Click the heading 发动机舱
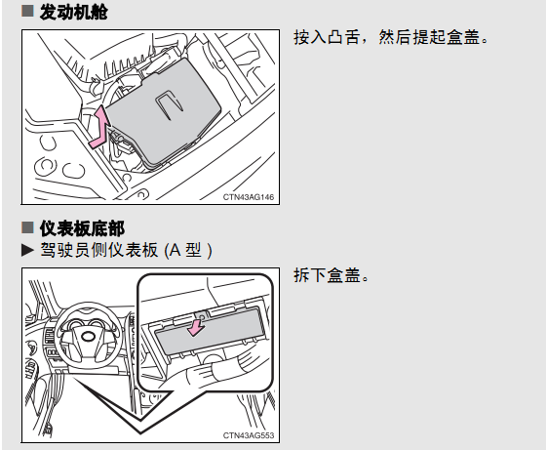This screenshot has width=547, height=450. [x=73, y=13]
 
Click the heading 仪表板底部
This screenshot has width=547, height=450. [x=82, y=228]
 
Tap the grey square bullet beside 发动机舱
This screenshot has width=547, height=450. [x=27, y=11]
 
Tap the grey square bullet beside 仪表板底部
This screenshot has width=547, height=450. [x=27, y=227]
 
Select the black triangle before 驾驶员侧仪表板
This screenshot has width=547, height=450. [x=27, y=250]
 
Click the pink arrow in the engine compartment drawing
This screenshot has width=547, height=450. [x=100, y=128]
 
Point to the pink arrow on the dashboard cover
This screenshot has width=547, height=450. [x=196, y=327]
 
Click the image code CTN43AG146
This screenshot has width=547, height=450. [x=249, y=197]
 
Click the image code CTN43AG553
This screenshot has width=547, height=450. [x=249, y=435]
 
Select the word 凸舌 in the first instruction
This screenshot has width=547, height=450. [x=344, y=37]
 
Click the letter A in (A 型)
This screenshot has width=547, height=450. [x=176, y=250]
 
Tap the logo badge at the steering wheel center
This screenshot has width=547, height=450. [x=89, y=337]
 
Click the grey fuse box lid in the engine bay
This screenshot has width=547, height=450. [x=163, y=111]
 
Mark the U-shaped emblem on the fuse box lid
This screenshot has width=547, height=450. [x=170, y=105]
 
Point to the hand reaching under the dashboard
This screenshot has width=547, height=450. [x=223, y=367]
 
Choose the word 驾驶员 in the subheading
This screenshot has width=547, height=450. [x=65, y=250]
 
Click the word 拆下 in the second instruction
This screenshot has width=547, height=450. [x=310, y=275]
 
